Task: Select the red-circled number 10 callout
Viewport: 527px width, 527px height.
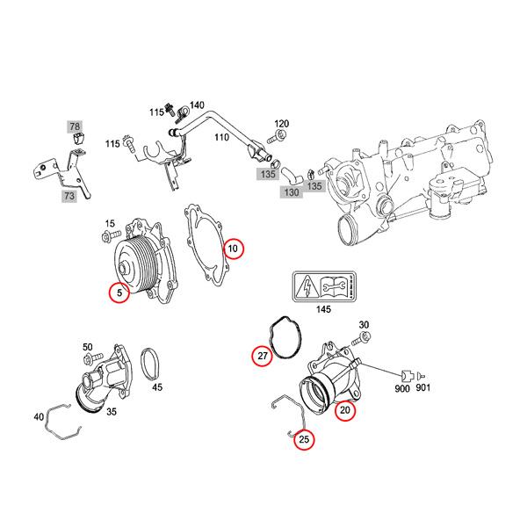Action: tap(234, 249)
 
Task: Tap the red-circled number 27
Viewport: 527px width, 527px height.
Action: tap(262, 356)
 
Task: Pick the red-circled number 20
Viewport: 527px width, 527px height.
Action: tap(345, 408)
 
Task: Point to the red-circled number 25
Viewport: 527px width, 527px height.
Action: tap(304, 440)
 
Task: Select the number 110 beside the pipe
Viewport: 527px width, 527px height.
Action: tap(221, 138)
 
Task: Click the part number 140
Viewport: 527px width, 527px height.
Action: tap(196, 105)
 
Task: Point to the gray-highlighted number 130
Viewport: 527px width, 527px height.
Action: tap(292, 191)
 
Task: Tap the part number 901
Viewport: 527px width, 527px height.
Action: tap(423, 388)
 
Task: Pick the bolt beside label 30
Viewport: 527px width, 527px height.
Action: tap(359, 340)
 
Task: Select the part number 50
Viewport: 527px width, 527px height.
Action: tap(87, 348)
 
